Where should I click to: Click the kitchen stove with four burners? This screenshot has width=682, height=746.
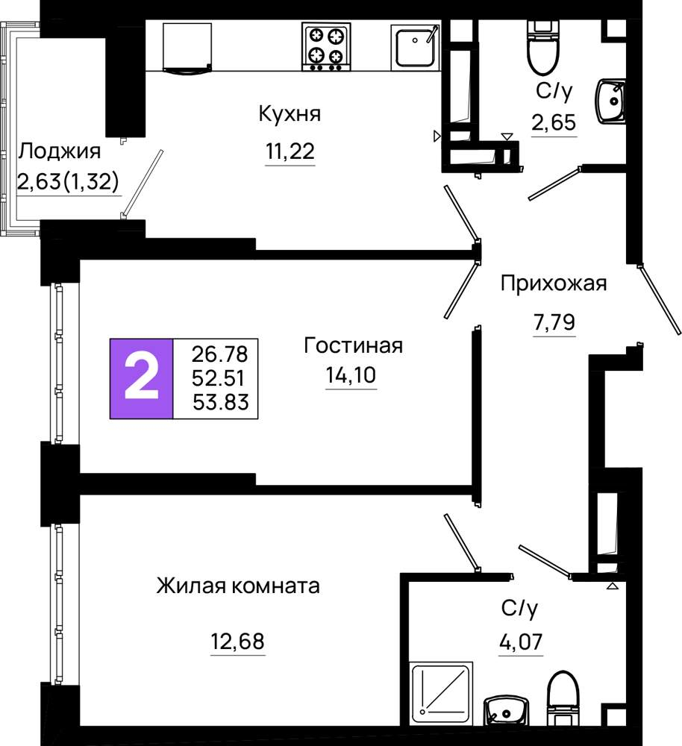point(327,46)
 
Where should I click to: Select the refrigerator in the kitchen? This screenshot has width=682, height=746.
point(187,47)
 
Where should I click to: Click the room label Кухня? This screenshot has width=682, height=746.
point(290,114)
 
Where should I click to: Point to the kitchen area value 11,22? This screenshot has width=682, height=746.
point(290,151)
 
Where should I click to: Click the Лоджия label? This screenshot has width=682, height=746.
point(60,151)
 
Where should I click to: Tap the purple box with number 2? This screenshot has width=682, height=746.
point(141,379)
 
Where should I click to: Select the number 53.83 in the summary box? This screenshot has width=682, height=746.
point(221,403)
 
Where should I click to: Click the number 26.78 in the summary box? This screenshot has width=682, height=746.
point(220,354)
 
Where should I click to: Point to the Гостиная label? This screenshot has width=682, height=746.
point(353,345)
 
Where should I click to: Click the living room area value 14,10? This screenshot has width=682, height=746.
point(351,375)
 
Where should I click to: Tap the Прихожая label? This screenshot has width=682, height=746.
point(554,283)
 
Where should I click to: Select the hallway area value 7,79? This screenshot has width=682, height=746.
point(554,322)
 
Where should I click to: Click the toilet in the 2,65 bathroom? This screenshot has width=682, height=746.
point(543,48)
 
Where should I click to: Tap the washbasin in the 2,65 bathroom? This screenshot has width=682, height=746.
point(610,101)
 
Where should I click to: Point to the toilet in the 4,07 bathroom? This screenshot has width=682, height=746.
point(563,697)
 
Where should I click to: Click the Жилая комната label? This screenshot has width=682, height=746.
point(238,586)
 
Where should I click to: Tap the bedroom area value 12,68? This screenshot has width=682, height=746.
point(237,642)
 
